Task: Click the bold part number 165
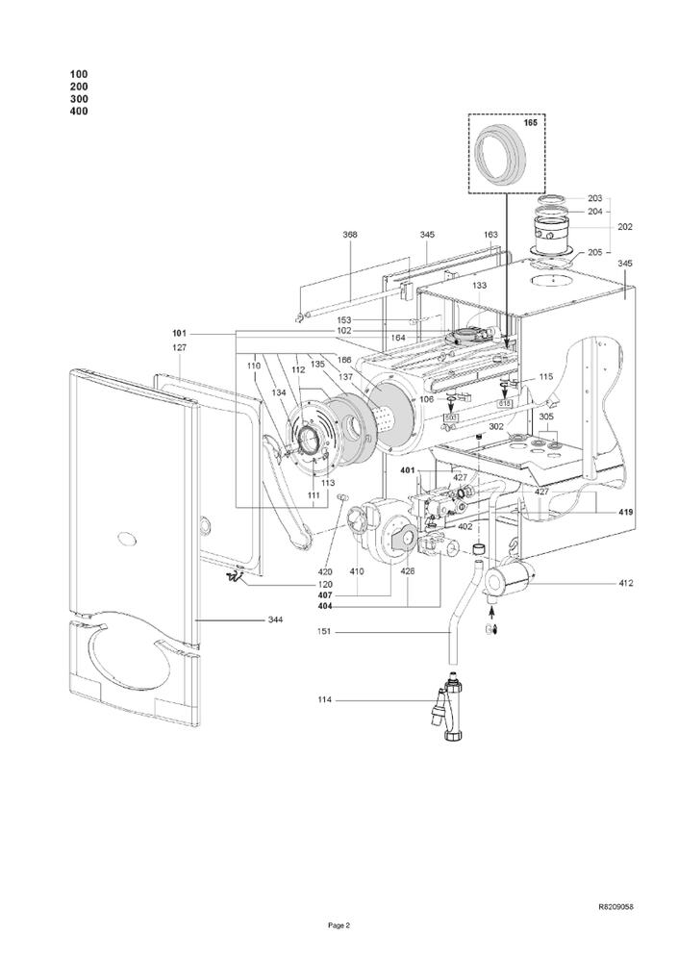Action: coord(531,123)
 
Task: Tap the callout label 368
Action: coord(350,235)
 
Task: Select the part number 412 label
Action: coord(625,583)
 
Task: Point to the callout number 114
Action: coord(324,699)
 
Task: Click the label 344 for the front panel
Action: coord(275,620)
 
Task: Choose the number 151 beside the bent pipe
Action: coord(324,632)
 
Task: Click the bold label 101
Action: coord(179,334)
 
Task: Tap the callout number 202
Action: coord(625,227)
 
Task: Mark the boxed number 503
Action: coord(451,417)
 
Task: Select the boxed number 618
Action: coord(504,404)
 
